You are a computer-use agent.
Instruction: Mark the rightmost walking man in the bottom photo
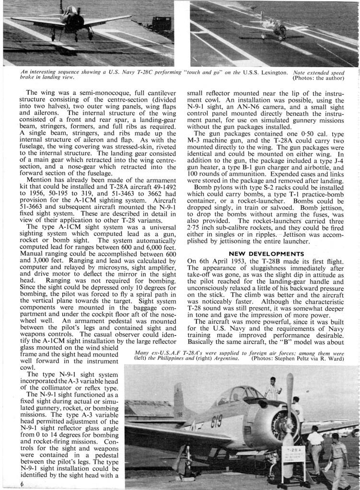[x=338, y=460]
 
